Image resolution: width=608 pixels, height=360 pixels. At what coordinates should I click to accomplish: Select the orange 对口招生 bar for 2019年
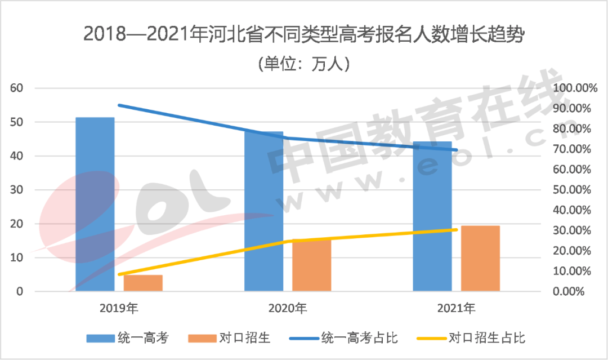pos(143,283)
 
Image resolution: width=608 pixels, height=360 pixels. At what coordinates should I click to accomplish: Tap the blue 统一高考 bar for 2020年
pos(263,211)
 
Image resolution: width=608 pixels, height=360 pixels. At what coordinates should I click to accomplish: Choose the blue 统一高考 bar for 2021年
pos(432,216)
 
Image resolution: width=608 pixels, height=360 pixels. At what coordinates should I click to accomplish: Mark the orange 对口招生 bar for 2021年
pos(480,259)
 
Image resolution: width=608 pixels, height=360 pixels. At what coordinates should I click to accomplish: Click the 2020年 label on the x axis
pos(288,309)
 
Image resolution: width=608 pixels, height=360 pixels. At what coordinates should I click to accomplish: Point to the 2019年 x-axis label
pos(119,309)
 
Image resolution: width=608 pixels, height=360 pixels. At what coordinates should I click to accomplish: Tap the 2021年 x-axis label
pos(457,309)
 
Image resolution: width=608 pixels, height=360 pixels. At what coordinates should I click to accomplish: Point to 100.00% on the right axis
pos(572,88)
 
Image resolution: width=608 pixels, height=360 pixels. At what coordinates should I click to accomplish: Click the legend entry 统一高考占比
pos(360,338)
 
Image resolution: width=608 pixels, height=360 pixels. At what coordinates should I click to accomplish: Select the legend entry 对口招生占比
pos(488,338)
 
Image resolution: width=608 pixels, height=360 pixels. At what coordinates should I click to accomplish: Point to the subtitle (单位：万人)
pos(304,63)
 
